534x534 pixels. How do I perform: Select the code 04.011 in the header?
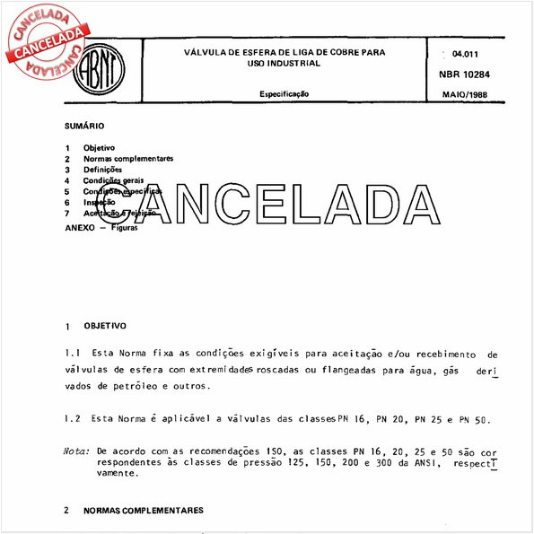click(466, 54)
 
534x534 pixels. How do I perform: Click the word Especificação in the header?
click(285, 93)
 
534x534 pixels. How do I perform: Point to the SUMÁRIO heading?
click(84, 127)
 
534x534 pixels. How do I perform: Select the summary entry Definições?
click(102, 169)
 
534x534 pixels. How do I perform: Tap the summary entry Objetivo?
click(99, 147)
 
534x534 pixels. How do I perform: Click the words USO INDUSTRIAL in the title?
click(284, 65)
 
